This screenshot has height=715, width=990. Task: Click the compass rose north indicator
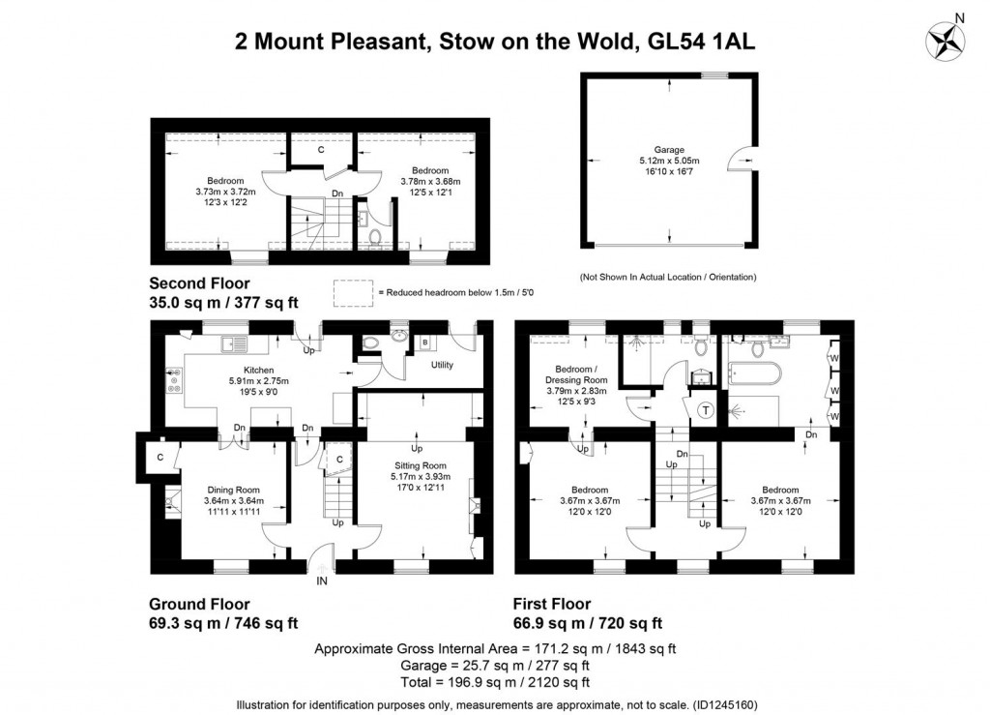click(946, 40)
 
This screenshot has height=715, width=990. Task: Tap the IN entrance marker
click(321, 581)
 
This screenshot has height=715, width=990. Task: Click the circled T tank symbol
click(705, 410)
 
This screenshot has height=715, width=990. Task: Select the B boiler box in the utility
click(425, 343)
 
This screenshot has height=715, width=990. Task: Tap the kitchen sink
click(234, 343)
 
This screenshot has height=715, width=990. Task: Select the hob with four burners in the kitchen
click(174, 381)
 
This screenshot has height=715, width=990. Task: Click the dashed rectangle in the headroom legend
click(352, 291)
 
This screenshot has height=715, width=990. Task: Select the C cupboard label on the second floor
click(322, 149)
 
